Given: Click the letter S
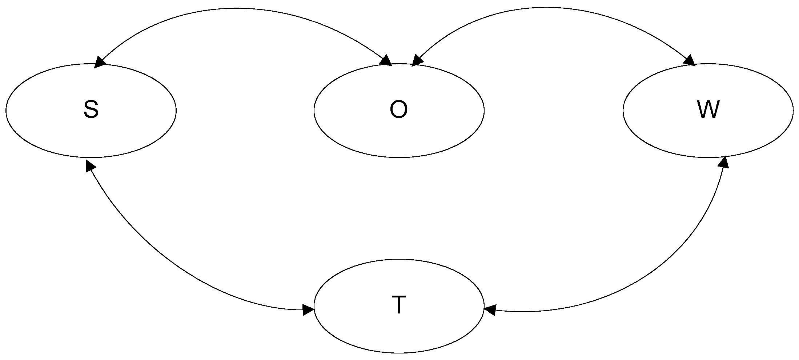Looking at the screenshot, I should click(x=91, y=110).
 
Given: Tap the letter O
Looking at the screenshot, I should click(x=398, y=110).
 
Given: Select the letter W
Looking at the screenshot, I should click(x=708, y=110).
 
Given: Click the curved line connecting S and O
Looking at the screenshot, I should click(x=236, y=8).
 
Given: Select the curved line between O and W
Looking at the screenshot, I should click(x=545, y=7).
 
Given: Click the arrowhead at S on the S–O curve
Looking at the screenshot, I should click(x=100, y=62).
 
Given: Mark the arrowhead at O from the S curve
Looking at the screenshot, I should click(x=386, y=61).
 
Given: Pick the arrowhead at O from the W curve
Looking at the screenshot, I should click(x=417, y=61).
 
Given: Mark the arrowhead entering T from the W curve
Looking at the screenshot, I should click(x=490, y=310).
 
